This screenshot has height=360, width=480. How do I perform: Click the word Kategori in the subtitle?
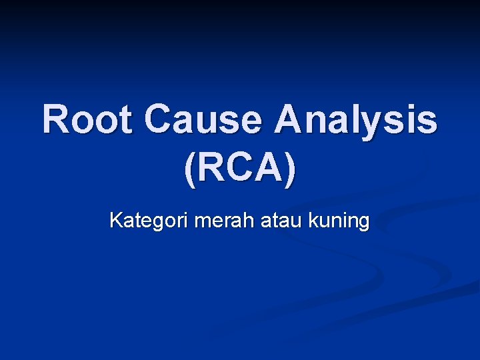click(x=149, y=221)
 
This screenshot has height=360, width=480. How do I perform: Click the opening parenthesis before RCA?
click(x=189, y=171)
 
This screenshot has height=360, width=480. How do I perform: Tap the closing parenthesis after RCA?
click(x=289, y=171)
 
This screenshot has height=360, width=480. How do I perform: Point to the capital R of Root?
click(x=57, y=120)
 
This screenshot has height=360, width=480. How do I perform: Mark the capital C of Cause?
click(x=159, y=120)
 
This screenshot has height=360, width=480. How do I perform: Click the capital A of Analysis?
click(x=291, y=120)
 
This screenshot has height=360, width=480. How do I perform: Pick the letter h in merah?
click(x=249, y=220)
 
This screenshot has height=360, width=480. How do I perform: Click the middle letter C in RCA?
click(x=240, y=169)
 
